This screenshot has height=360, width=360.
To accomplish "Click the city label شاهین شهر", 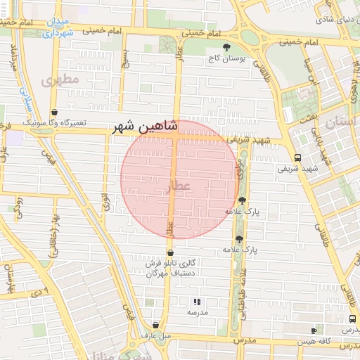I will (x=145, y=128).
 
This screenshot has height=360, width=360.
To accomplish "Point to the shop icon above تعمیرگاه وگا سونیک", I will (x=55, y=112).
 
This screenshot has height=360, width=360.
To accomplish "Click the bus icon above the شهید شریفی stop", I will (x=298, y=157).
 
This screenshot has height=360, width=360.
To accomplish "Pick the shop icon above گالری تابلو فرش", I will (x=170, y=252).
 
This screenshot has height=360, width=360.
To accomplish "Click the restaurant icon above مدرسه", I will (x=195, y=302).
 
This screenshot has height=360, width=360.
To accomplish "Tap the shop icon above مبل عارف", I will (x=155, y=325).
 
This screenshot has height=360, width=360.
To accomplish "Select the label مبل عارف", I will (x=156, y=335).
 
